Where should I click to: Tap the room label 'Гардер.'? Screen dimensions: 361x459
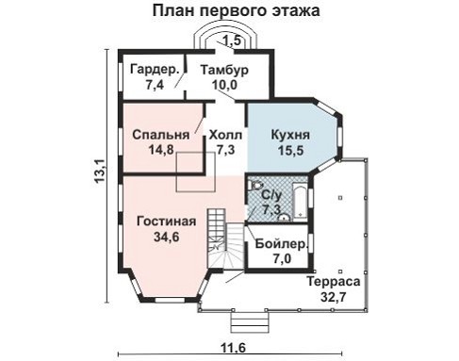pos(152,70)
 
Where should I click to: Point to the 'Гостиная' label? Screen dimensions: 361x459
pos(166,222)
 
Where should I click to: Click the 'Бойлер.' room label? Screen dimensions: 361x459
pos(279,244)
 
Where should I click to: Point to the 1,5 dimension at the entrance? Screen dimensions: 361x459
pos(232,40)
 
